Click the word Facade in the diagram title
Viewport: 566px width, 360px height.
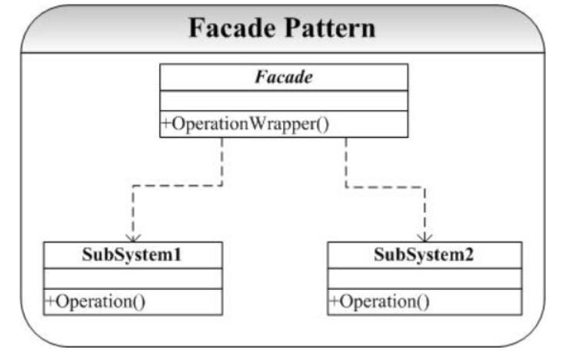(x=231, y=28)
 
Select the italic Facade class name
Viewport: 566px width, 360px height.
(x=284, y=77)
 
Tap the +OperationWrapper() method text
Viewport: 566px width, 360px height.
(x=245, y=124)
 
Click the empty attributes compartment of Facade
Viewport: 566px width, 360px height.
(x=284, y=101)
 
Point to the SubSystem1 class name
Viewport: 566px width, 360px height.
(x=132, y=255)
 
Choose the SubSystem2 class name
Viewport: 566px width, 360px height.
(x=424, y=255)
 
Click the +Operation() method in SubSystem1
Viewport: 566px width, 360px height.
(x=95, y=302)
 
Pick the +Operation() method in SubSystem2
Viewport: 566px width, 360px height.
(x=380, y=302)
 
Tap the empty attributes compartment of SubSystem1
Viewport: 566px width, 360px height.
(x=133, y=278)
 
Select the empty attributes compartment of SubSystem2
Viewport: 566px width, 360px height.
(x=424, y=278)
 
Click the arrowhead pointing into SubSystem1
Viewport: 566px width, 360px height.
(x=133, y=238)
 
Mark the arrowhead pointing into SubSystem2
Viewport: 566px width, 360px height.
(x=424, y=238)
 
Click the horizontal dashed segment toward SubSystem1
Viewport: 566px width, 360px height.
(x=177, y=185)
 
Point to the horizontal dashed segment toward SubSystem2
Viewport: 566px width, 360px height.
(x=385, y=187)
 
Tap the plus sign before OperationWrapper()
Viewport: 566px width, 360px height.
(x=166, y=124)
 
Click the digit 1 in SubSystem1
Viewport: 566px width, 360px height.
(x=177, y=255)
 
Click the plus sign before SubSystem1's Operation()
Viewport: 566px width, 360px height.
(x=50, y=301)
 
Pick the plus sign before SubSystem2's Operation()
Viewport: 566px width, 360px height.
(x=335, y=301)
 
